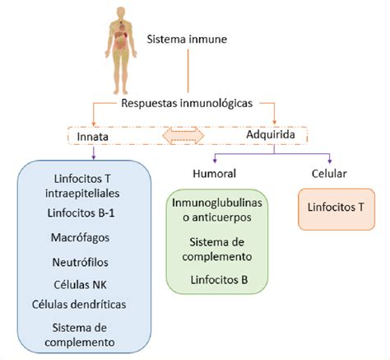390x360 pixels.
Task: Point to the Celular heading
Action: point(329,174)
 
